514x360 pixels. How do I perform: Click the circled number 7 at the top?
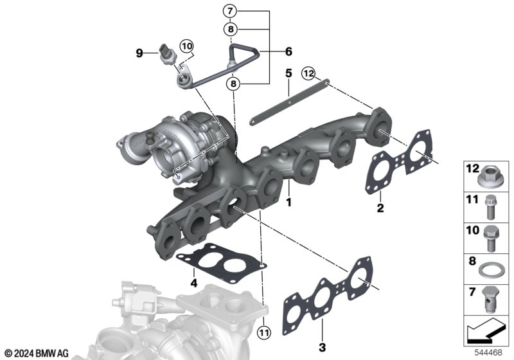click(230, 11)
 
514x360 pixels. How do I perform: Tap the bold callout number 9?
click(139, 53)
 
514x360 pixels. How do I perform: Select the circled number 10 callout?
click(187, 46)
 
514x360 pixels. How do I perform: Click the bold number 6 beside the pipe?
click(288, 51)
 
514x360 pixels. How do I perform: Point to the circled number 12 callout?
click(309, 73)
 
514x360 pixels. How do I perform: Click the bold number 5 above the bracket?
click(288, 73)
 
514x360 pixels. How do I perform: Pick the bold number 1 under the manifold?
click(288, 203)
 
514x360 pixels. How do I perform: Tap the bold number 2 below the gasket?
click(380, 208)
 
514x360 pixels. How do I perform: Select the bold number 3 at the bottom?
click(323, 347)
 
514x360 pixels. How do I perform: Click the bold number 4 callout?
click(194, 283)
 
